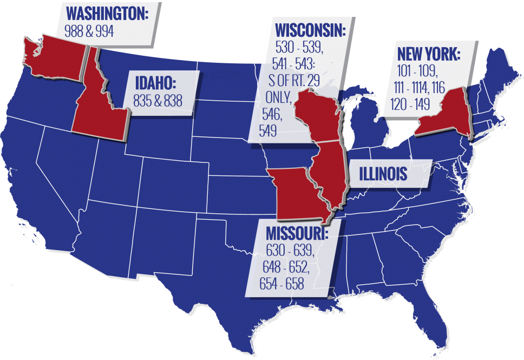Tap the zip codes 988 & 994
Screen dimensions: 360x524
click(89, 31)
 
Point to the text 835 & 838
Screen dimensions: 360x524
click(158, 100)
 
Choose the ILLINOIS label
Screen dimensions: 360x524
click(383, 174)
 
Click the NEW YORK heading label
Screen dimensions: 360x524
click(429, 54)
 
